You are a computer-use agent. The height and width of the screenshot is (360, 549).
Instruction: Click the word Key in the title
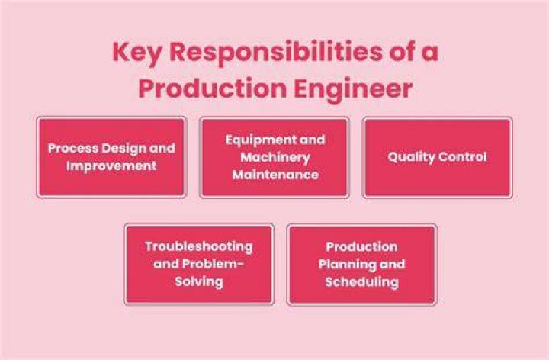tap(137, 53)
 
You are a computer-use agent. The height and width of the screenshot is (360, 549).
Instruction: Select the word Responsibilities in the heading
tap(276, 53)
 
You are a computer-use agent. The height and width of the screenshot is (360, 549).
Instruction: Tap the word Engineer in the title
tap(353, 90)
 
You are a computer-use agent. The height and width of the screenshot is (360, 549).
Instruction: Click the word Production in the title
tap(213, 88)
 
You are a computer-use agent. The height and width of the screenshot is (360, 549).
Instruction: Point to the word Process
tap(73, 148)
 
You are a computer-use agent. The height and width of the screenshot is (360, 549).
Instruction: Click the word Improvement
tap(111, 166)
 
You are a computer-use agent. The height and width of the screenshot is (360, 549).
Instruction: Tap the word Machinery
tap(275, 158)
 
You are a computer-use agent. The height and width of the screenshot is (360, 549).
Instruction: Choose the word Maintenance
tap(275, 175)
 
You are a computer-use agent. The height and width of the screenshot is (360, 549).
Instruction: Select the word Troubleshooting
tap(199, 247)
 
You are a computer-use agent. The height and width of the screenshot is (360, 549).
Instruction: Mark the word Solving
tap(199, 282)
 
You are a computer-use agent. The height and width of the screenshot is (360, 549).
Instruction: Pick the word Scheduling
tap(361, 282)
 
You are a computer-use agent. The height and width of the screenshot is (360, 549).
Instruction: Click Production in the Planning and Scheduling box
tap(361, 247)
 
